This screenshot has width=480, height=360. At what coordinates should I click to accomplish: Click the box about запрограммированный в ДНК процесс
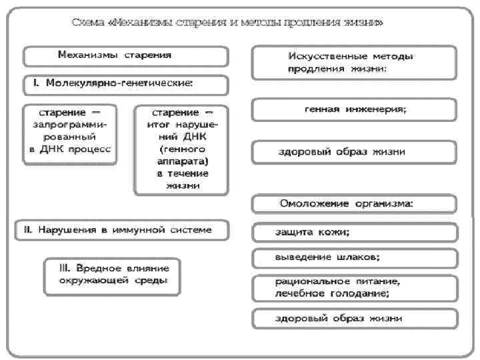[70, 133]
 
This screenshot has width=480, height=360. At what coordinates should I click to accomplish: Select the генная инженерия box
[354, 109]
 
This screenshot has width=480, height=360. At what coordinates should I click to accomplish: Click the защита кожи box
[354, 233]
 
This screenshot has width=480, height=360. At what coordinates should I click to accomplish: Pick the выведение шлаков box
[354, 257]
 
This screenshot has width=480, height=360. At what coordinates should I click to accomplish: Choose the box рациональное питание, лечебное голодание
[354, 287]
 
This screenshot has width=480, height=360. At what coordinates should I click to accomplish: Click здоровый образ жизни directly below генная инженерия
[354, 152]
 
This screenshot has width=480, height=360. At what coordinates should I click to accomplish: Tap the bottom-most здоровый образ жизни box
[354, 319]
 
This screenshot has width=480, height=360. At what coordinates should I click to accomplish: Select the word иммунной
[150, 230]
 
